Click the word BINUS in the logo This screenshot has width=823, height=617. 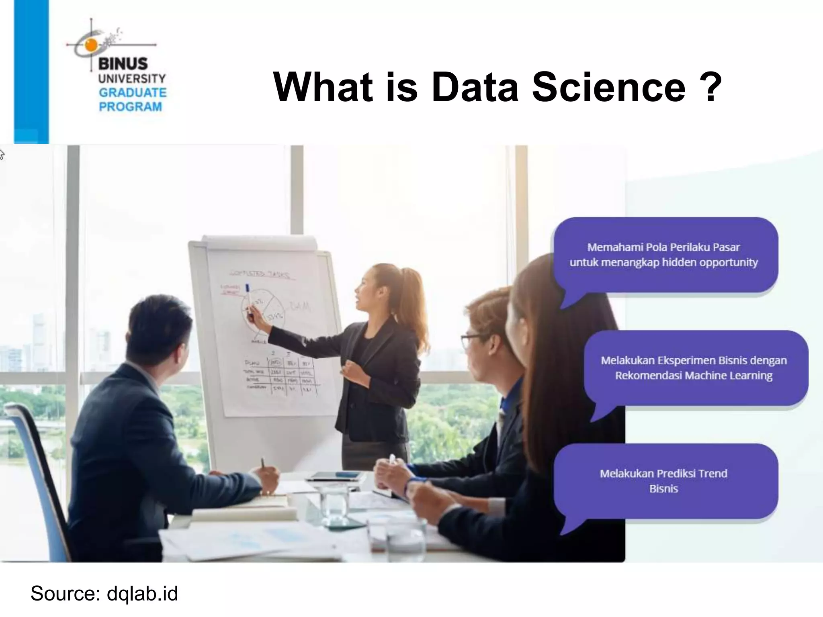click(x=123, y=64)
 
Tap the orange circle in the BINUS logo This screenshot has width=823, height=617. click(x=91, y=45)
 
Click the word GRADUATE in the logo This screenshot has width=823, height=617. click(x=132, y=93)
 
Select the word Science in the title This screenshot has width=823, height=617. click(x=608, y=87)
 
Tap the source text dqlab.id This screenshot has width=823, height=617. click(x=142, y=593)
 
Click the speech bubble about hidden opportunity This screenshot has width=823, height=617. click(x=665, y=255)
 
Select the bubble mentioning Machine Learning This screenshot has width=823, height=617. click(x=695, y=368)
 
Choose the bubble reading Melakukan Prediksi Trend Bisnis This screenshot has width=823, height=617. click(x=665, y=481)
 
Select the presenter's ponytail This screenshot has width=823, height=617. click(x=414, y=305)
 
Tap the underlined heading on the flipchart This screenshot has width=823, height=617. click(x=259, y=274)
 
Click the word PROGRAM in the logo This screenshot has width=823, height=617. click(x=130, y=107)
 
